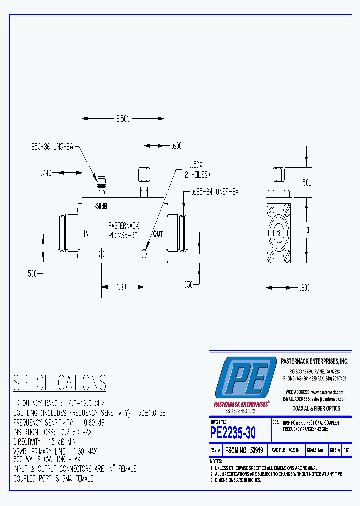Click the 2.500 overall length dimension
coord(122,119)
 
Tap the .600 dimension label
coord(176,146)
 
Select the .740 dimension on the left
coord(45,173)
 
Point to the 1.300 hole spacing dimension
coord(123,287)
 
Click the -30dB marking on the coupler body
coord(102,206)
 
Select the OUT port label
coord(158,233)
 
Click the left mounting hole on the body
coord(102,254)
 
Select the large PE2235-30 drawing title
coord(233,432)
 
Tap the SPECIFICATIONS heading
coord(59,383)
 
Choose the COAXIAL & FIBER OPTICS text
coord(316,408)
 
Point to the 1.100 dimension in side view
coord(306,231)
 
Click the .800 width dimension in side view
coord(306,288)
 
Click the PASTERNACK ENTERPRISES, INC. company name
coord(314,361)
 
